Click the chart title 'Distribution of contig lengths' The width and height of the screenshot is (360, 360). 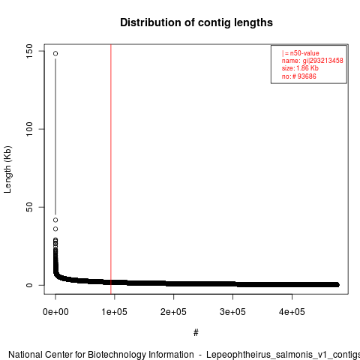[196, 22]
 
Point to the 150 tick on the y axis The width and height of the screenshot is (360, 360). [29, 51]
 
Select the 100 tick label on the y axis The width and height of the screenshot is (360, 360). [29, 129]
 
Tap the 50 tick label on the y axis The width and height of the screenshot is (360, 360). [29, 207]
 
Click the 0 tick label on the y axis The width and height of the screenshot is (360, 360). [29, 285]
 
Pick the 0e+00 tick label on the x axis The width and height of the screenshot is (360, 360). [55, 312]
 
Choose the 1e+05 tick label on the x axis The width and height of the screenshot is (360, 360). [115, 312]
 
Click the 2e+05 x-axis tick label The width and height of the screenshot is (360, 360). [173, 312]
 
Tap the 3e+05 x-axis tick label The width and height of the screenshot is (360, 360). [232, 312]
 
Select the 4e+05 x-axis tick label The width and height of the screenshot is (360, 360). [292, 312]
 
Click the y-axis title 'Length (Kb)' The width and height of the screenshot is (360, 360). [7, 169]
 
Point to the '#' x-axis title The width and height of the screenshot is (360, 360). [196, 333]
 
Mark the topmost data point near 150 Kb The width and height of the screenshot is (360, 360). [55, 53]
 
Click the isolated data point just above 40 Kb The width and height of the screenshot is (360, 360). [55, 220]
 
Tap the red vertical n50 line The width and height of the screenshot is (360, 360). [111, 169]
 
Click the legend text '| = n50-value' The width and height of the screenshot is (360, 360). [301, 53]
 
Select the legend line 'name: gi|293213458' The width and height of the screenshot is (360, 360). [313, 61]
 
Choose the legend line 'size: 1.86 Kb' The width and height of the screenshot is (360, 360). [300, 68]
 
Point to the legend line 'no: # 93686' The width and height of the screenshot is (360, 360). [299, 76]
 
